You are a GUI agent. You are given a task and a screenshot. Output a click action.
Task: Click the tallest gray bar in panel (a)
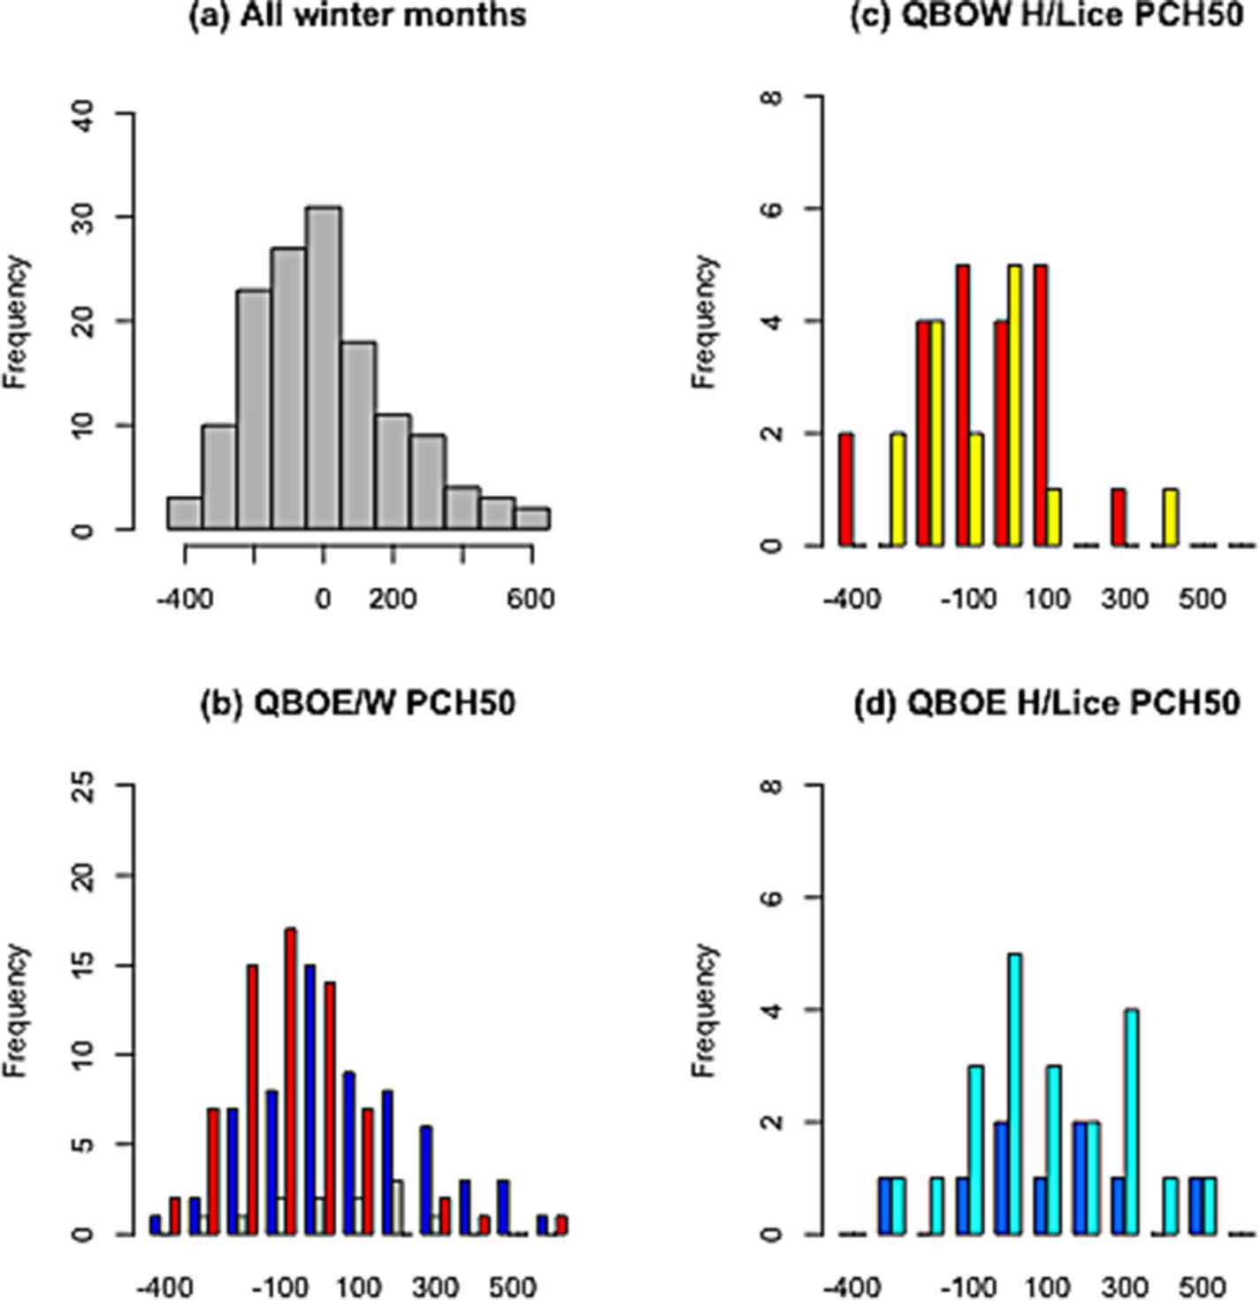324,368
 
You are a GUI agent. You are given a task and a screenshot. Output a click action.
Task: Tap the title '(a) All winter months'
358,15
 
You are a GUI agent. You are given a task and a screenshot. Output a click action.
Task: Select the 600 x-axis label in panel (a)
531,599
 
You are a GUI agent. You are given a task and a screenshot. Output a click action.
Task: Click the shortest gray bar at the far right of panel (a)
532,518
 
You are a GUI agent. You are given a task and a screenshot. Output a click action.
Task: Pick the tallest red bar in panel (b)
290,1081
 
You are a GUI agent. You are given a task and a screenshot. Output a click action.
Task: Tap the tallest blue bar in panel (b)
309,1098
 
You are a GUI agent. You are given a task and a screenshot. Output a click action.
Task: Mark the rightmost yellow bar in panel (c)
1171,517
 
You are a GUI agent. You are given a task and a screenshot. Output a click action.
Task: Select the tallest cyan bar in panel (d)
1014,1093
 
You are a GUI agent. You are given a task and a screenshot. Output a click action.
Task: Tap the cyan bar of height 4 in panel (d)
1131,1121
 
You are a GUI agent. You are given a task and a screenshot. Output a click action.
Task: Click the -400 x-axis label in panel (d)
851,1285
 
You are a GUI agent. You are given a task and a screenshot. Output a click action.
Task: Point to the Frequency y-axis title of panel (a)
17,322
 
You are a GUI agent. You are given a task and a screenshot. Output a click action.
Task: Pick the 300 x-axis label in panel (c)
1125,599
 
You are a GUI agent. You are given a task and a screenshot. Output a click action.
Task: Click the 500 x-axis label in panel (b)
512,1285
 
